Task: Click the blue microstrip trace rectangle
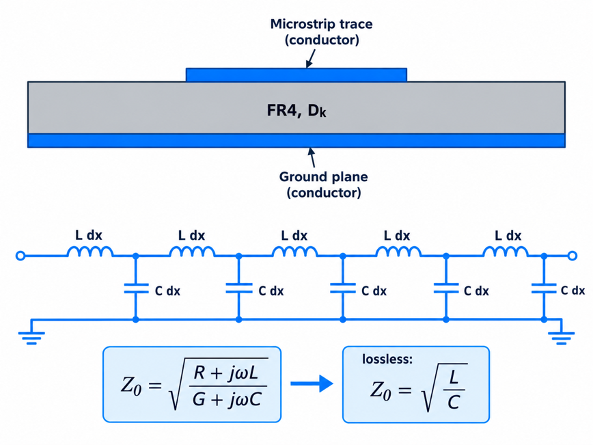[x=296, y=75]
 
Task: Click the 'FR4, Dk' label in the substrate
[x=296, y=111]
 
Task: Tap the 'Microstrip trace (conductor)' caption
[x=322, y=31]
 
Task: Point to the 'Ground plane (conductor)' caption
[x=323, y=185]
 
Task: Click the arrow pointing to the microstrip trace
[x=310, y=59]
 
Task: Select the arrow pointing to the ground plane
[x=312, y=157]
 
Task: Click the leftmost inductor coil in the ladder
[x=90, y=252]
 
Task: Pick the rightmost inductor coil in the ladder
[x=506, y=252]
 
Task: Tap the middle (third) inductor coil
[x=294, y=252]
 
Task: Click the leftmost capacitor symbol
[x=136, y=288]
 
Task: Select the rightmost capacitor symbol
[x=544, y=288]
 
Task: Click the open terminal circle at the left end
[x=20, y=256]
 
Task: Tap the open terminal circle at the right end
[x=573, y=256]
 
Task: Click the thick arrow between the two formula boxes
[x=312, y=383]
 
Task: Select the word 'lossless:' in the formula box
[x=387, y=359]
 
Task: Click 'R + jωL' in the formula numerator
[x=225, y=373]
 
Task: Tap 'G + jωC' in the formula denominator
[x=227, y=399]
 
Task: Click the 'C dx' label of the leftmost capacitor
[x=167, y=291]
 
